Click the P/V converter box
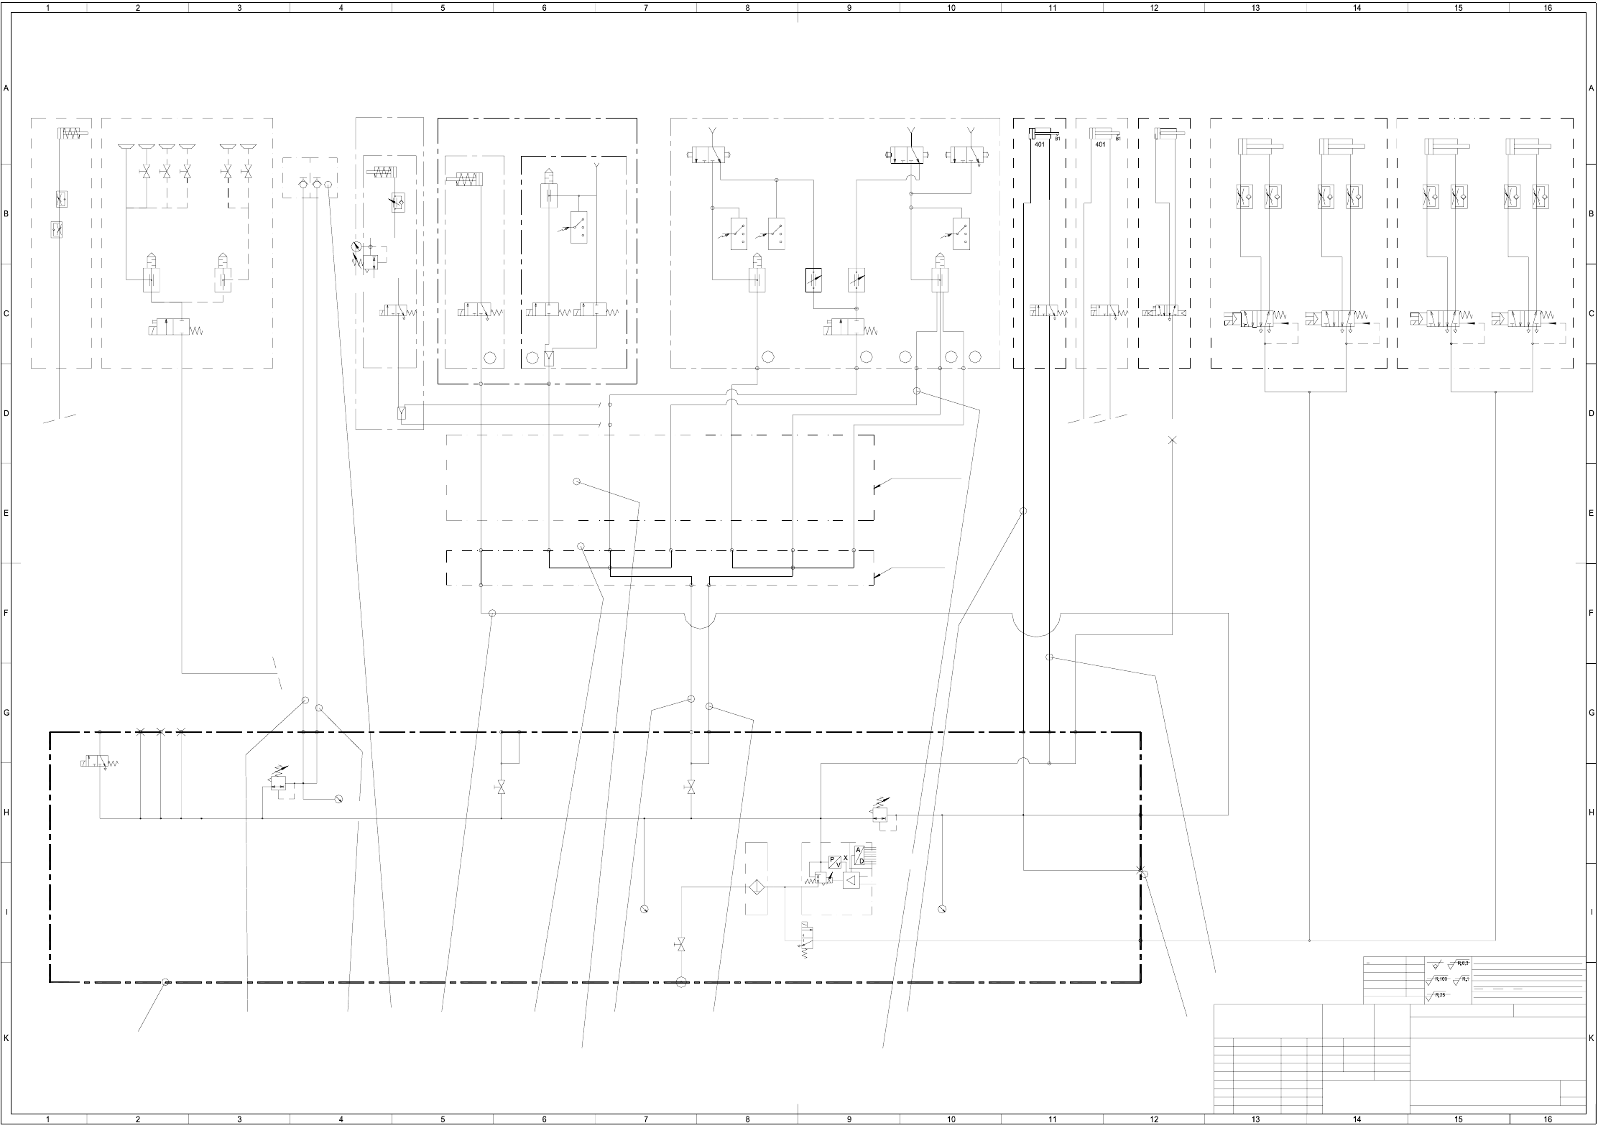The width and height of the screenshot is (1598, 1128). tap(835, 862)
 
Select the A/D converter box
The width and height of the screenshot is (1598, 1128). tap(860, 856)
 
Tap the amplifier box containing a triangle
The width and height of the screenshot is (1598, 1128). tap(851, 880)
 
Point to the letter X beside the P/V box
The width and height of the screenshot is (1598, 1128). tap(846, 858)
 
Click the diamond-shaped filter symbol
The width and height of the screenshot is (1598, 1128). tap(757, 888)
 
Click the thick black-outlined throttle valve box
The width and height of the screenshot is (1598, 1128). tap(813, 279)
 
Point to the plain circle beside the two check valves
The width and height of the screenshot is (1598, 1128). tap(328, 185)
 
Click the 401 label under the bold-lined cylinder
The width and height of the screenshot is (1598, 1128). tap(1039, 144)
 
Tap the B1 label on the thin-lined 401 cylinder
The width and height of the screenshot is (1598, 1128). tap(1118, 139)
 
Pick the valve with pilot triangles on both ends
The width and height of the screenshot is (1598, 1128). tap(1164, 313)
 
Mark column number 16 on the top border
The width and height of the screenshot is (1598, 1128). tap(1548, 8)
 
